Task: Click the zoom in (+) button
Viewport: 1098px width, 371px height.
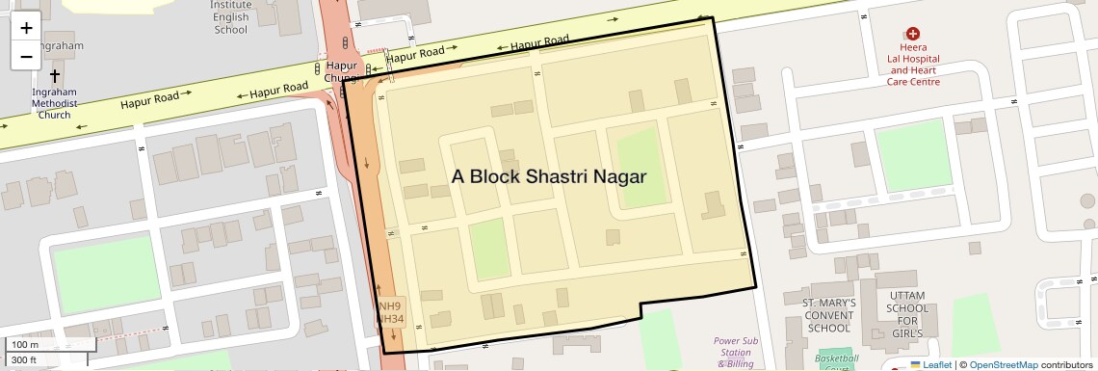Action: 26,28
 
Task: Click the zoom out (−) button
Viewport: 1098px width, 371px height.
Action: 26,56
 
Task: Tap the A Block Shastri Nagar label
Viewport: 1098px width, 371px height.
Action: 548,176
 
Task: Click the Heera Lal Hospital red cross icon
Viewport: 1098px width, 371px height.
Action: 912,34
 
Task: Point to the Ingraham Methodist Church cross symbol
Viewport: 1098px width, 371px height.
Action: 54,75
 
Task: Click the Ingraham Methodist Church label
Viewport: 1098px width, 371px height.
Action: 54,103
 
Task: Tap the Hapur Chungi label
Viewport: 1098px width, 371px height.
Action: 342,72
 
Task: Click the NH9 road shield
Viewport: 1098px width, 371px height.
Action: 389,306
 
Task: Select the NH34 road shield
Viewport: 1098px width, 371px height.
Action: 389,319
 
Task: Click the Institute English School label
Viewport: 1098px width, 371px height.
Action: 230,17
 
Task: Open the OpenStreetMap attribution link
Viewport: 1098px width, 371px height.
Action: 1003,365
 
